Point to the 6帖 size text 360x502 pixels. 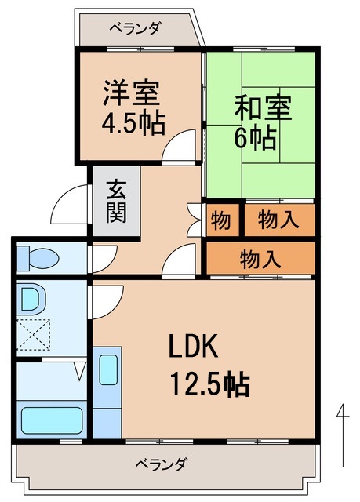pos(255,138)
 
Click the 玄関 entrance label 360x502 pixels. pos(117,201)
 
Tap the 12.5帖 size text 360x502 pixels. pos(209,384)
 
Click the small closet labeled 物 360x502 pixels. pos(220,221)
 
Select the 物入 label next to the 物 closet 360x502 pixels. pos(278,221)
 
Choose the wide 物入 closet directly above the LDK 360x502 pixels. pos(260,258)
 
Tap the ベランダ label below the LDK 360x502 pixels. pos(160,464)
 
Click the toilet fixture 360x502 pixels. pos(40,256)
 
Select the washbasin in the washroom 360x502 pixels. pos(31,299)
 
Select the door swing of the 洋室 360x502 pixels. pos(181,146)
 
